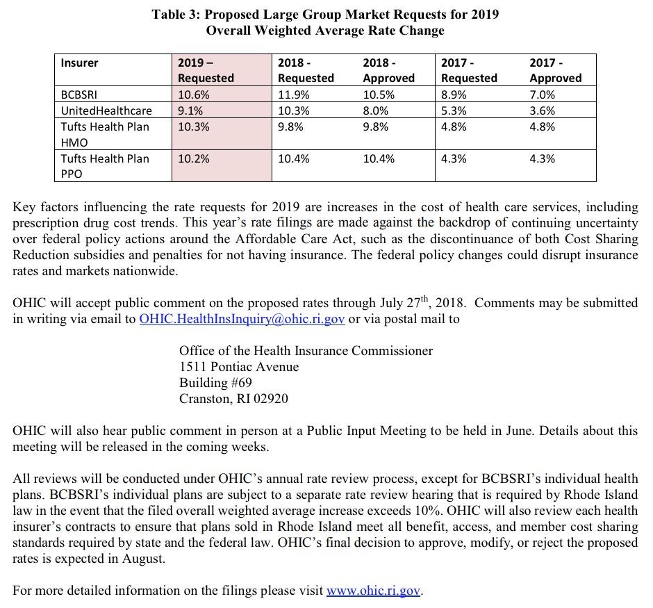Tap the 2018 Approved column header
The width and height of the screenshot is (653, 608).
[388, 70]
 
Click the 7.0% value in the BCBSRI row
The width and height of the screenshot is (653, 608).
[542, 95]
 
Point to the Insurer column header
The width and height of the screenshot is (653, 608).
[79, 63]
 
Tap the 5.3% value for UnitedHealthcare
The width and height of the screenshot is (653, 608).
[454, 110]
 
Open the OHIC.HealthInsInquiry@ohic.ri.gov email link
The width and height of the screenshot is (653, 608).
[242, 319]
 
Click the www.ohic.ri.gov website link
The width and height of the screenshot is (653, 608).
[374, 591]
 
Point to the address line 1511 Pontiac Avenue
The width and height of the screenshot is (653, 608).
[239, 367]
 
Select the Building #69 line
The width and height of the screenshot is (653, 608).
[215, 383]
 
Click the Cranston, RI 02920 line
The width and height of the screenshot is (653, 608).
[233, 399]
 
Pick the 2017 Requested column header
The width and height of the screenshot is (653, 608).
[469, 70]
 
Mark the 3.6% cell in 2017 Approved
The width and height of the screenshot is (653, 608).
[542, 110]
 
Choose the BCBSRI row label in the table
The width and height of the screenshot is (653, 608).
[78, 95]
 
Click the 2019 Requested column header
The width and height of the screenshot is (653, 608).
[206, 70]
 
